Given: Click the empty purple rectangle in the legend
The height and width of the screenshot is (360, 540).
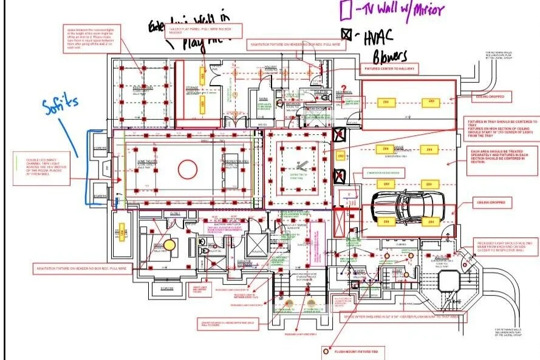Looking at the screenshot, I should (346, 10).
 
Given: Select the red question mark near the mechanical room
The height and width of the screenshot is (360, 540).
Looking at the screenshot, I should (343, 89).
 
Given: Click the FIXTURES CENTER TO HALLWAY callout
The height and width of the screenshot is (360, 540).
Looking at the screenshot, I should (389, 69).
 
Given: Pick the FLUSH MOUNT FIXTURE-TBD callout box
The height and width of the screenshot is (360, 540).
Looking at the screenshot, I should (355, 350).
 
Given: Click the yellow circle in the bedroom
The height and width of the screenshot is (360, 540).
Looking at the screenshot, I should (169, 245).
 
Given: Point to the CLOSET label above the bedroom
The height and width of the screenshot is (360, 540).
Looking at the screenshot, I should (175, 214).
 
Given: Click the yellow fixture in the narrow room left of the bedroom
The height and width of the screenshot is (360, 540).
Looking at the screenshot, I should (121, 233).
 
